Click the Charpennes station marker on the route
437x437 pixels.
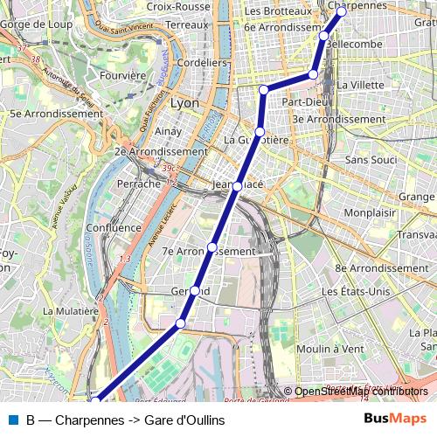[x=342, y=11]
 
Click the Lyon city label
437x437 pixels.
[x=184, y=103]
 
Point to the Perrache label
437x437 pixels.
[x=139, y=184]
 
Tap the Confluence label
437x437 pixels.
[x=114, y=228]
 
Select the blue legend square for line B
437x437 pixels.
[x=13, y=420]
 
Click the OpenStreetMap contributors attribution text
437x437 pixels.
[x=361, y=391]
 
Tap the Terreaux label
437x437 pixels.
[x=187, y=26]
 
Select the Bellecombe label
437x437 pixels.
[x=353, y=43]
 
